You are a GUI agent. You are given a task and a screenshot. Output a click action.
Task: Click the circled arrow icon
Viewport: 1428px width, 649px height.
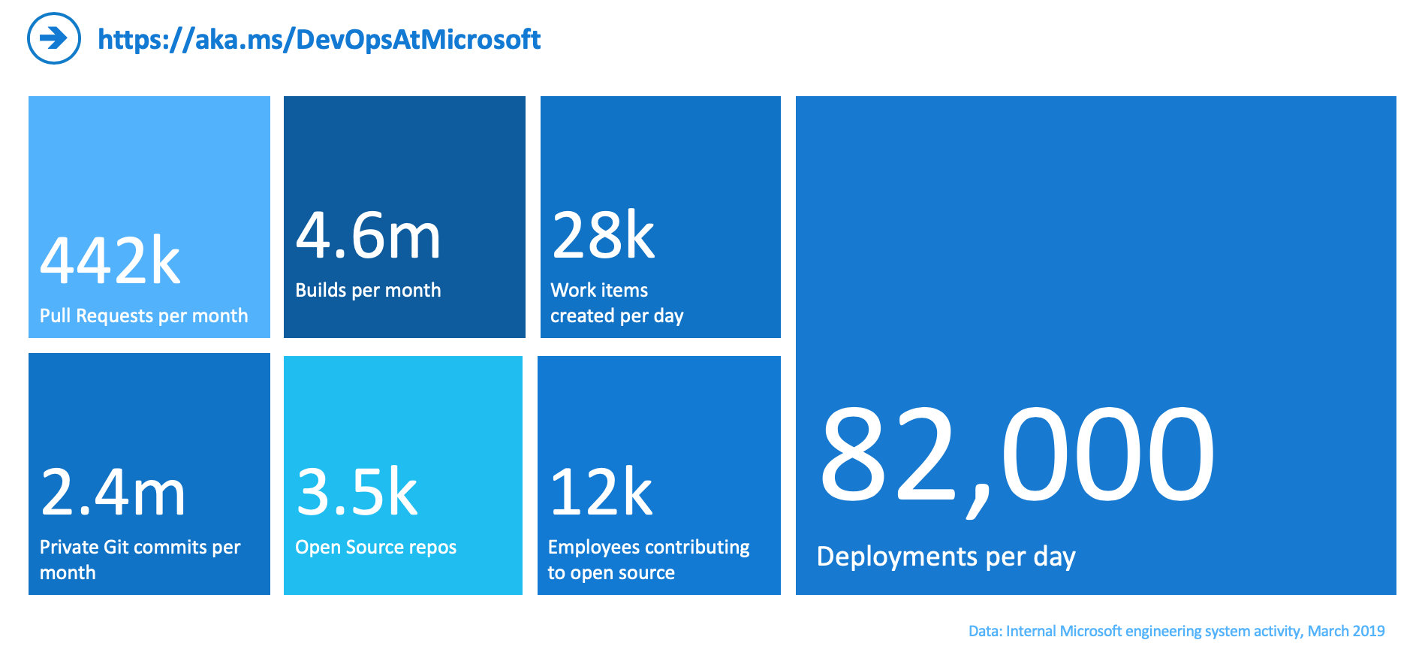54,38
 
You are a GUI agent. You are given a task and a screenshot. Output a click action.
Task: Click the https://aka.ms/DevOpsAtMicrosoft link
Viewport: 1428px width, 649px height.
319,39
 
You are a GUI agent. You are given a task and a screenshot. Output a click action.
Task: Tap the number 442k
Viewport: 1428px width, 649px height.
110,261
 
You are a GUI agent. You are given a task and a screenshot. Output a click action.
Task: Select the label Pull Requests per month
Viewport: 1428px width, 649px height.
143,315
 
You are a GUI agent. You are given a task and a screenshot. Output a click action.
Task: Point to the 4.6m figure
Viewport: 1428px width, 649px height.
368,235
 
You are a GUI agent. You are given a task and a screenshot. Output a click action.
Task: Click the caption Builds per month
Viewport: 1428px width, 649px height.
368,290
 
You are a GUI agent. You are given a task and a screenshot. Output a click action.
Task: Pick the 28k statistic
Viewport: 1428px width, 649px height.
604,235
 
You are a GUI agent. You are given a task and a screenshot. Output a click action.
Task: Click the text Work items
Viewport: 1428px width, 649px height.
599,290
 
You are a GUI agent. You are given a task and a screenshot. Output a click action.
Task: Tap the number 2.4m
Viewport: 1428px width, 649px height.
113,492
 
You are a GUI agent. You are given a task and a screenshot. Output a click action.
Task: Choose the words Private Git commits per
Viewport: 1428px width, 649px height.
140,547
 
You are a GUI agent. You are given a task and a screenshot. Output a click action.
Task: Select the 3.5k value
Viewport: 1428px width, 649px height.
357,492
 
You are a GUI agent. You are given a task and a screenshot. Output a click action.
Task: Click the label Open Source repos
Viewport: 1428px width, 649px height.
375,547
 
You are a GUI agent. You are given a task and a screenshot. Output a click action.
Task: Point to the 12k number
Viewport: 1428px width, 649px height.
601,492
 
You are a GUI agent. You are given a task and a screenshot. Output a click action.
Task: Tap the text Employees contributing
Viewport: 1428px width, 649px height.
649,547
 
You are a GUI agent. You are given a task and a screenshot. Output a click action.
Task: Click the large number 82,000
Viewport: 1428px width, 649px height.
1017,454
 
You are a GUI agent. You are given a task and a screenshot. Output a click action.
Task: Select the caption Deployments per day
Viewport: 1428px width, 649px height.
946,557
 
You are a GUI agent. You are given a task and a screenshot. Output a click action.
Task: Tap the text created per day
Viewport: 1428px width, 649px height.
616,315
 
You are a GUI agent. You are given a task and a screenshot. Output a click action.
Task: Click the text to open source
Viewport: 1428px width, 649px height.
611,572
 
